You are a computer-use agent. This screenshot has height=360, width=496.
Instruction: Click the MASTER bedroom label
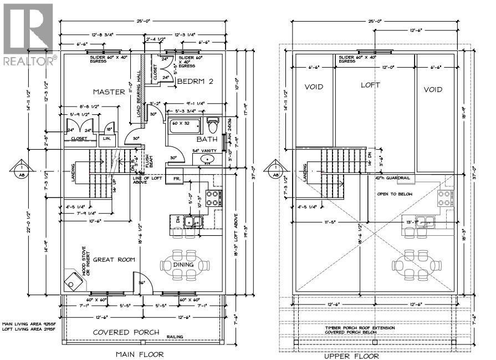(109, 92)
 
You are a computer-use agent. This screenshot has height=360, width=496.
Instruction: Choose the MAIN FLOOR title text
(139, 354)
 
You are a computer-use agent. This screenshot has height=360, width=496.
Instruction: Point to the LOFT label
(371, 85)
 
